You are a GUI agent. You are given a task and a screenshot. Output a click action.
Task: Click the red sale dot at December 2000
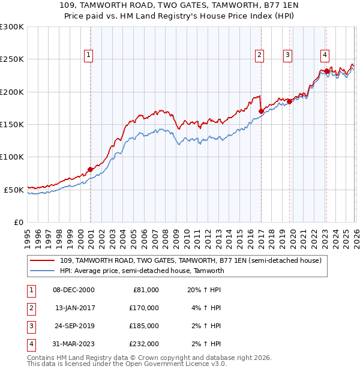pyautogui.click(x=90, y=169)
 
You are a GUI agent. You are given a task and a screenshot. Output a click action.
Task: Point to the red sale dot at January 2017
pyautogui.click(x=261, y=111)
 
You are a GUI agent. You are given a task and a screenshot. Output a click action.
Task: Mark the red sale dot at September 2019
pyautogui.click(x=289, y=101)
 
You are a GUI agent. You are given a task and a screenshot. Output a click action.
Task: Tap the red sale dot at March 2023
pyautogui.click(x=326, y=71)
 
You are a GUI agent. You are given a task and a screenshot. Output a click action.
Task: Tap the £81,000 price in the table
pyautogui.click(x=145, y=289)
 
